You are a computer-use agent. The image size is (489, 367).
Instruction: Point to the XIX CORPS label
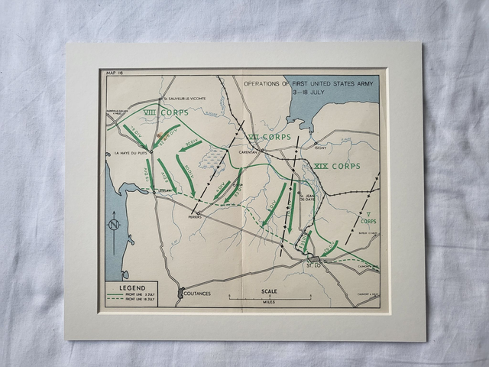(x=336, y=166)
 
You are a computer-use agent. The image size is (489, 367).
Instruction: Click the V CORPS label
(x=368, y=218)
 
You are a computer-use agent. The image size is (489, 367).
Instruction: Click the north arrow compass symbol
(x=114, y=226)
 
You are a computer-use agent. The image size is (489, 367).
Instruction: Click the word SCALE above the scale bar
(x=269, y=291)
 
